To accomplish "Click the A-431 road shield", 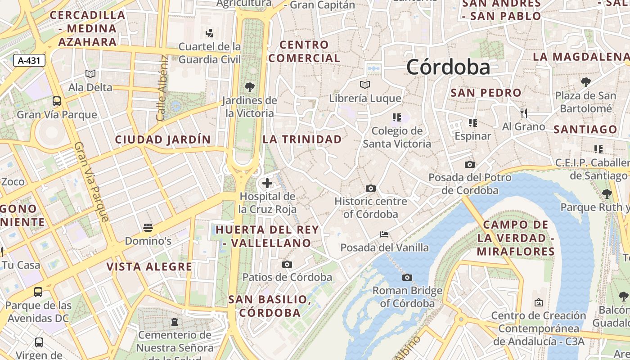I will pos(30,60).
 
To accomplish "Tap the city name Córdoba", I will pos(448,67).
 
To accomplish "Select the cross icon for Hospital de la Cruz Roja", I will pos(267,183).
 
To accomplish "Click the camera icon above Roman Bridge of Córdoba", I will pos(407,277).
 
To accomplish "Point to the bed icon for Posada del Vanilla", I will pos(384,234).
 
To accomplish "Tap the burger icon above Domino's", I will pos(148,228).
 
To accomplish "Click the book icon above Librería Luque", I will pos(365,85).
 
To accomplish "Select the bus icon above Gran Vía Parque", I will pos(57,101).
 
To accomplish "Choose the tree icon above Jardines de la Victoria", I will pos(250,87).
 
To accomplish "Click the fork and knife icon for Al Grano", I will pos(523,113).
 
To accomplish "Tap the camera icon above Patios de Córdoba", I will pos(287,264).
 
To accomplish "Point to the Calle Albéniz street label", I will pos(162,88).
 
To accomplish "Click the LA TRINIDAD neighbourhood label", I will pos(302,139).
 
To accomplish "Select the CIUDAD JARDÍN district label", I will pos(163,139).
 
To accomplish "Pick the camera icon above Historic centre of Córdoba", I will pos(371,188).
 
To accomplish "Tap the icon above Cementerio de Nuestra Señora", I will pos(175,322).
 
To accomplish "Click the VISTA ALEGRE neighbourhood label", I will pos(149,267).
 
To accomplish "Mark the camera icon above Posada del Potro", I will pos(470,165).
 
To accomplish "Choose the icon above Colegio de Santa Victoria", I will pos(396,118).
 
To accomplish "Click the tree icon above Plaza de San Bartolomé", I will pos(585,82).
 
